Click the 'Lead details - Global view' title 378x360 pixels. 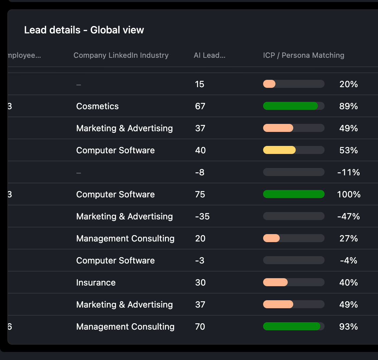click(x=84, y=30)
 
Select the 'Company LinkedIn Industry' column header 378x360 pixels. click(x=121, y=55)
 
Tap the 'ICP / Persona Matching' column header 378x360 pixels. click(x=304, y=55)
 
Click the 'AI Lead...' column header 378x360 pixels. click(x=209, y=55)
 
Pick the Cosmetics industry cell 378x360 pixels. click(x=98, y=106)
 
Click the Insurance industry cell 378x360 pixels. click(x=96, y=283)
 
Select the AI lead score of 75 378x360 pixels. click(x=200, y=194)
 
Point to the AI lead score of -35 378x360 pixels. click(x=202, y=216)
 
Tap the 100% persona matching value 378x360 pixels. click(x=349, y=194)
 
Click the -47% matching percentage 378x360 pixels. click(x=349, y=216)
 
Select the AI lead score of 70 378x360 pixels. click(x=200, y=327)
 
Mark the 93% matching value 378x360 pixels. click(x=349, y=327)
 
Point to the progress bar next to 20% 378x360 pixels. click(x=294, y=84)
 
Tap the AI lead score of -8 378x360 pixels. click(x=200, y=172)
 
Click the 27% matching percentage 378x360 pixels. click(x=349, y=238)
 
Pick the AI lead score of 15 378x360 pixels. click(x=200, y=84)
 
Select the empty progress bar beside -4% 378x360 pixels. click(x=294, y=260)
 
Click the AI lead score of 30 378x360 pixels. click(x=200, y=283)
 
